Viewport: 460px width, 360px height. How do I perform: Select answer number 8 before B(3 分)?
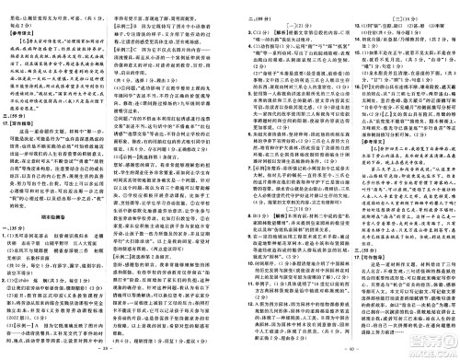(233, 158)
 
